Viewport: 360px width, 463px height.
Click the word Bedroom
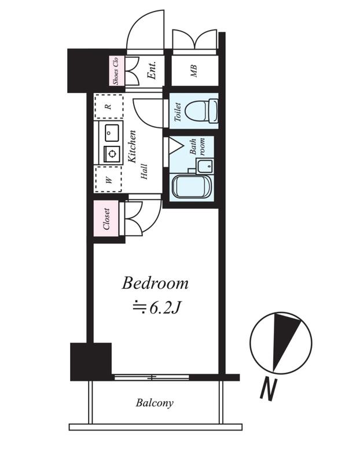(155, 283)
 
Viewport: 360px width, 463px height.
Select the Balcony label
(155, 403)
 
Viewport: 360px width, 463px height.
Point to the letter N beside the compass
(268, 389)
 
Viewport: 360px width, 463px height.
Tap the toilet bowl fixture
(202, 111)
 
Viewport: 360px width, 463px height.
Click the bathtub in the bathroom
(191, 186)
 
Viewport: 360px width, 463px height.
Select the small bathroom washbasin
(205, 166)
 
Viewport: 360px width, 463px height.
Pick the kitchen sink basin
(112, 133)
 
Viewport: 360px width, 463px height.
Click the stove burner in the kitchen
(112, 153)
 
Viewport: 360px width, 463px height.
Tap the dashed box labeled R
(109, 106)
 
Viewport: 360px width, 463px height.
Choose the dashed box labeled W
(108, 179)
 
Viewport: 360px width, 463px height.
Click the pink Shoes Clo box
(116, 71)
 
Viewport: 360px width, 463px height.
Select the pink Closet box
(106, 219)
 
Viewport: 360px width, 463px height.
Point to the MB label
(194, 71)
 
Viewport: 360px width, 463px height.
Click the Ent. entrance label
(152, 70)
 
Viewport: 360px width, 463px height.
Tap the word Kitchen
(132, 146)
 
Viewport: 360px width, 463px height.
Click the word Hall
(144, 171)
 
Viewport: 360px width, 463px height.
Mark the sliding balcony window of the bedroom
(152, 377)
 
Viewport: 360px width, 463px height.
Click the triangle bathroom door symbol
(175, 146)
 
